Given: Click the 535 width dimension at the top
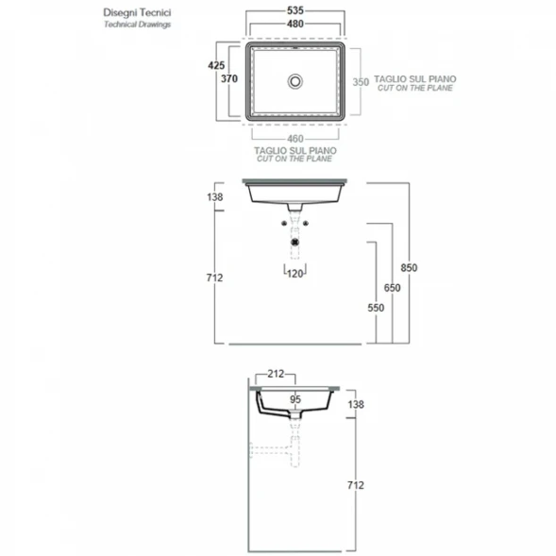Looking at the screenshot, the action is [x=295, y=10].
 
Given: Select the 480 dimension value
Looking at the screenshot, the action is [x=295, y=25].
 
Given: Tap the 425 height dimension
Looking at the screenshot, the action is [x=216, y=65].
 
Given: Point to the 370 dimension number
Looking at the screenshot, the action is [x=229, y=78].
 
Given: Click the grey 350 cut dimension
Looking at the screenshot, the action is [x=361, y=82].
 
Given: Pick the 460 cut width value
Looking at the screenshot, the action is [x=295, y=139].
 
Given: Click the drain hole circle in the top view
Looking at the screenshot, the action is [x=295, y=81].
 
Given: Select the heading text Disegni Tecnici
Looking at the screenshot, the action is [x=137, y=13].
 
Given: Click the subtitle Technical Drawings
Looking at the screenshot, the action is [x=137, y=25].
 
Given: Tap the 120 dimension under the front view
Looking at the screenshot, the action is [x=295, y=274].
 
